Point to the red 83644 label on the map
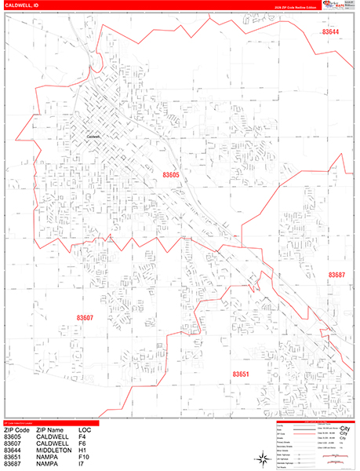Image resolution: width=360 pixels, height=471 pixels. (331, 32)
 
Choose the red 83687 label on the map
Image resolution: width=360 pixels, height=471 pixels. (336, 275)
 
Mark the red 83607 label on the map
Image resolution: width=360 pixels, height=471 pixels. (85, 317)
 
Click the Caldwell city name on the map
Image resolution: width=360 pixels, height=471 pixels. (94, 134)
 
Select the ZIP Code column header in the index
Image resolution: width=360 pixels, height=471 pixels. (17, 430)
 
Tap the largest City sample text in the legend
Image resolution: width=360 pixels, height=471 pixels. (341, 428)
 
